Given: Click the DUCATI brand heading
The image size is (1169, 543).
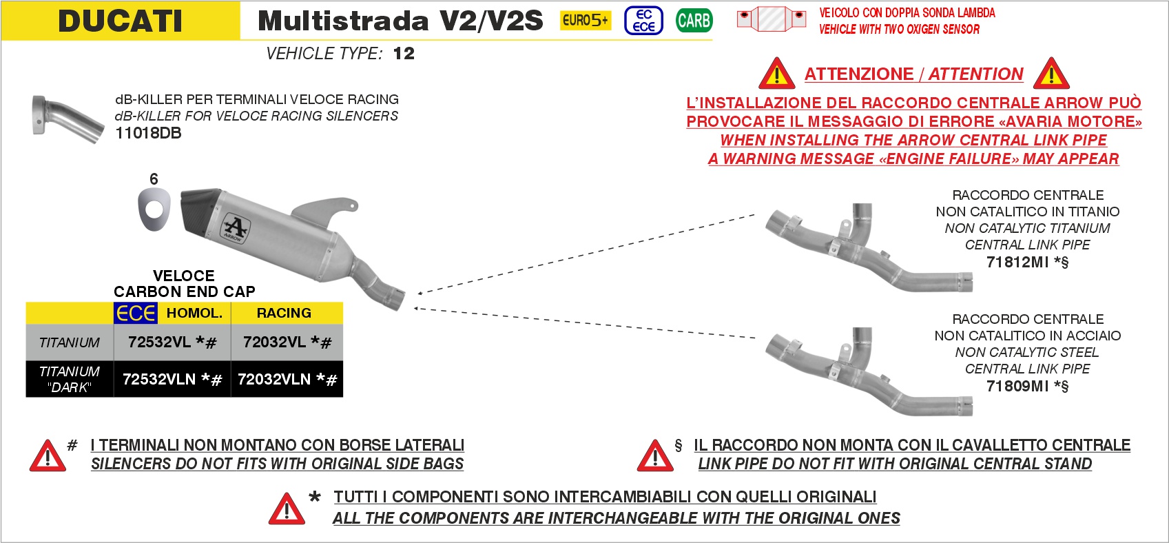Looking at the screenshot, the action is [120, 21].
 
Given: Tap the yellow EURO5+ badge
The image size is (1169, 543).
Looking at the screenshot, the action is [585, 21].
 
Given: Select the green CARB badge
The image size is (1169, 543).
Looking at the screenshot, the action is [694, 21].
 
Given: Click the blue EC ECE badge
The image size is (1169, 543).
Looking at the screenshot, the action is [643, 21].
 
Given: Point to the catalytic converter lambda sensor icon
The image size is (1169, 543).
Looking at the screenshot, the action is [771, 19].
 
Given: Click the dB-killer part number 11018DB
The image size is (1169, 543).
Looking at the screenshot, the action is [148, 133].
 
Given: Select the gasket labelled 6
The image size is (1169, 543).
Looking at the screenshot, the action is [154, 209].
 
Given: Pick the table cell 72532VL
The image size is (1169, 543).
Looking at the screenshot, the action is [172, 342].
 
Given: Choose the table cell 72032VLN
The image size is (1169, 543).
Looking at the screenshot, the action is [287, 379].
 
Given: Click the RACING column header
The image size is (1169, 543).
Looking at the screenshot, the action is [284, 313].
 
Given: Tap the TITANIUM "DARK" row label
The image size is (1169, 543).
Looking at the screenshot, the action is [70, 379].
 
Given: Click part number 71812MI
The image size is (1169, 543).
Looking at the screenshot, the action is [1017, 262].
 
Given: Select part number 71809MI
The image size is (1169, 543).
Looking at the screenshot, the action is [1017, 386].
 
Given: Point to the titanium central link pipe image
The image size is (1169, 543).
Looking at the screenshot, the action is [869, 248].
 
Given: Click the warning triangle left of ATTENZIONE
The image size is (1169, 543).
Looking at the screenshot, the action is [777, 74].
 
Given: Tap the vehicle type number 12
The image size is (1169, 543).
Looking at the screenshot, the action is [404, 53].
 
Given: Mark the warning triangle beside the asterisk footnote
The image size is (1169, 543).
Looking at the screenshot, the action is [287, 509].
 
